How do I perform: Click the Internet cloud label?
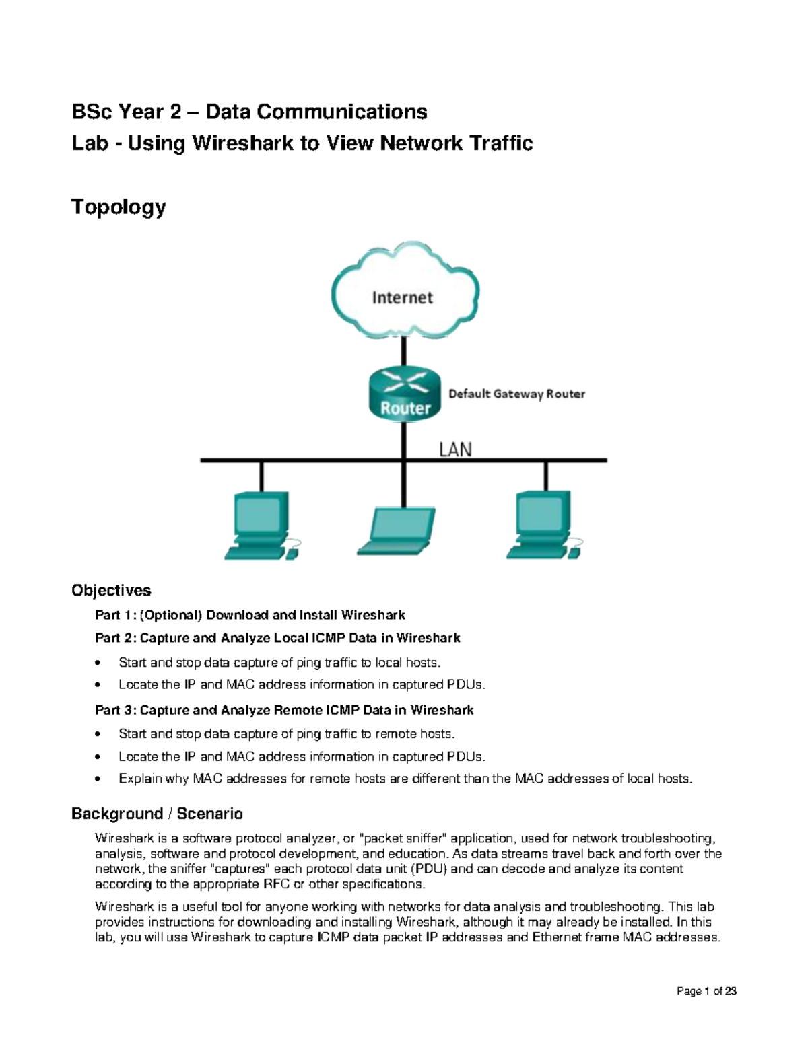402,298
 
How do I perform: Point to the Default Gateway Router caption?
516,394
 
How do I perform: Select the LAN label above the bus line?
455,449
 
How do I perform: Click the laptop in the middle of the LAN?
396,532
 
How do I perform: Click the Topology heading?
119,207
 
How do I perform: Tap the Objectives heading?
111,590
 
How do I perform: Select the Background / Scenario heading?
157,814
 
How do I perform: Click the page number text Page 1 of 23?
706,991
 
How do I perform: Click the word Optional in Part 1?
171,615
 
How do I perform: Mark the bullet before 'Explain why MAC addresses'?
98,779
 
